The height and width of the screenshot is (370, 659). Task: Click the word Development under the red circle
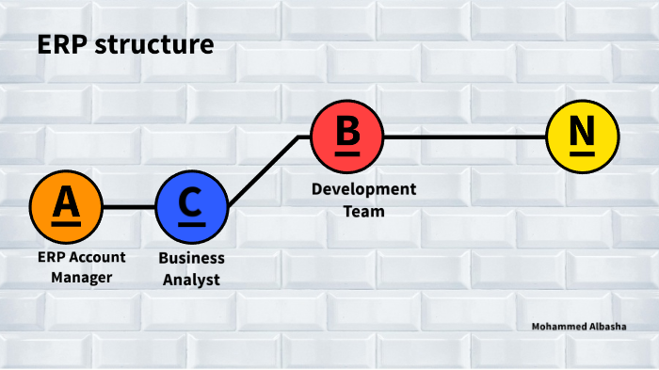pyautogui.click(x=363, y=189)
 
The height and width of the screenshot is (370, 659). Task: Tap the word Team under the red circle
pyautogui.click(x=363, y=211)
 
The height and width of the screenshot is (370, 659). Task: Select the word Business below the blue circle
pyautogui.click(x=191, y=257)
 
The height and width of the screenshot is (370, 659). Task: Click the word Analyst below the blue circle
pyautogui.click(x=191, y=279)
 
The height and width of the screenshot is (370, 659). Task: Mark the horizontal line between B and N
pyautogui.click(x=465, y=137)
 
